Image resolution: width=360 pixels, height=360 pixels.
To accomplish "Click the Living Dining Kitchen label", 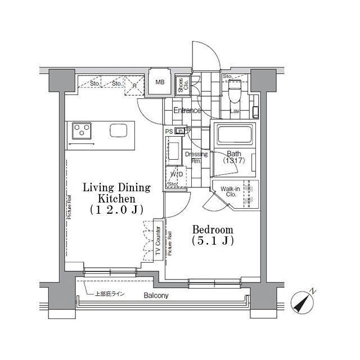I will (116, 193).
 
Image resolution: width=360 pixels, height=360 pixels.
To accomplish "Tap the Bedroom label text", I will (212, 230).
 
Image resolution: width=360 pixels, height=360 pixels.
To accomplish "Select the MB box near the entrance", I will (160, 83).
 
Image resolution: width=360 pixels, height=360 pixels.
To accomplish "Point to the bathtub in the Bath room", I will (235, 135).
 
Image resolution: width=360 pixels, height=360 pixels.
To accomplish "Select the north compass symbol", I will (304, 303).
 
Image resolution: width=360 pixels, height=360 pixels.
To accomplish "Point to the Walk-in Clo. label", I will (230, 193).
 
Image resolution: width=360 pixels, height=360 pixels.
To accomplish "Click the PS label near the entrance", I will (168, 131).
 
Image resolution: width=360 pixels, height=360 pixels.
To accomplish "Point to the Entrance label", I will (187, 111).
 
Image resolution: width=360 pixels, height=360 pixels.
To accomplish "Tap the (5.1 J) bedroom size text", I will (212, 241).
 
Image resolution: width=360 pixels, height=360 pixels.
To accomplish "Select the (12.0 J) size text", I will (116, 209).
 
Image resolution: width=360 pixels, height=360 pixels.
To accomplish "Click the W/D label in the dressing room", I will (175, 174).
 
